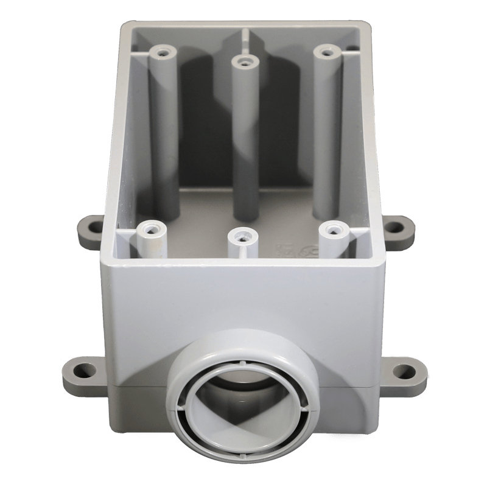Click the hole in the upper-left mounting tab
(x=93, y=228)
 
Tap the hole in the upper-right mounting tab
(x=395, y=228)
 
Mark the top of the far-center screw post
(x=244, y=61)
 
